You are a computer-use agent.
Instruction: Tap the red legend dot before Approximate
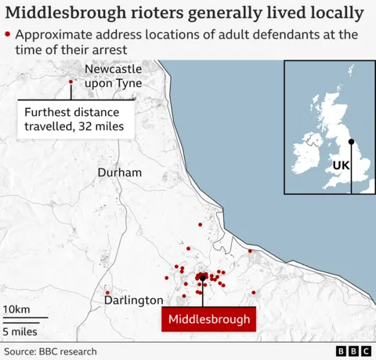[x=8, y=35]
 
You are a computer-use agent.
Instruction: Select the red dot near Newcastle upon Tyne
[x=70, y=82]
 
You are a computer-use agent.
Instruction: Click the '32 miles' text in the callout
[x=109, y=125]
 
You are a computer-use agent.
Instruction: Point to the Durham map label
[x=120, y=173]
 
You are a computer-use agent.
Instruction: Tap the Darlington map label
[x=134, y=300]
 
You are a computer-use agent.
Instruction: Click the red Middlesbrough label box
[x=209, y=319]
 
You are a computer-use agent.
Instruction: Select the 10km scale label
[x=16, y=310]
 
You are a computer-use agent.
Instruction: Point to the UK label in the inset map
[x=342, y=166]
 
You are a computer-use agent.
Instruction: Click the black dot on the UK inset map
[x=351, y=142]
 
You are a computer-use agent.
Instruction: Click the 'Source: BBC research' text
[x=50, y=351]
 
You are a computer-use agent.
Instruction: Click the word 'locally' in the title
[x=336, y=13]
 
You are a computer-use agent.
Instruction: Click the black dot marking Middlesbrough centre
[x=202, y=277]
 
